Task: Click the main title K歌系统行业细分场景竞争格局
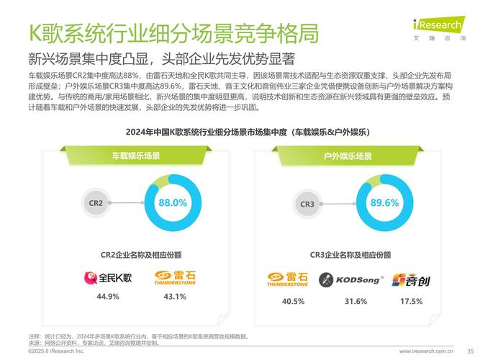click(x=173, y=32)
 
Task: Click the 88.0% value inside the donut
click(x=173, y=203)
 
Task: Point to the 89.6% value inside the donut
click(x=384, y=203)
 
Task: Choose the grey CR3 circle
click(x=307, y=204)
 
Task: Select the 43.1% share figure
click(x=175, y=297)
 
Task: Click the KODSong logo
click(x=351, y=279)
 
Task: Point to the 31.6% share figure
click(x=356, y=301)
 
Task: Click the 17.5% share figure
click(x=411, y=301)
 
